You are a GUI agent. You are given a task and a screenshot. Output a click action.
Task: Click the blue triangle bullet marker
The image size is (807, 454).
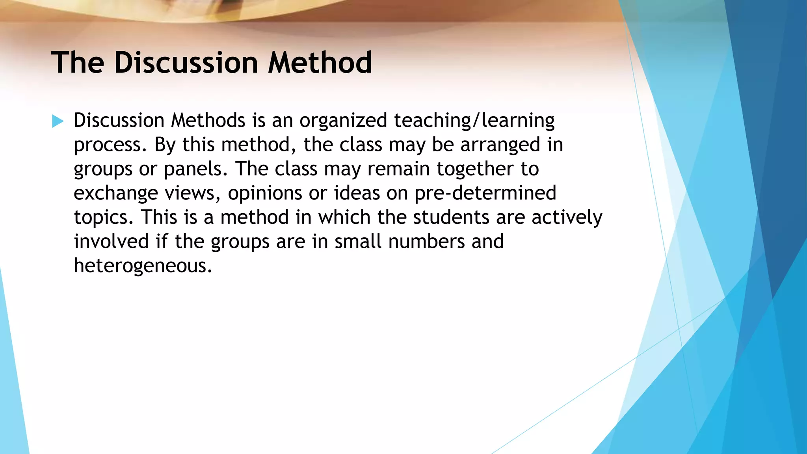click(58, 121)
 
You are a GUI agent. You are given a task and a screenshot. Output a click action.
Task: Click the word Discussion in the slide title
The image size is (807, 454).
click(186, 63)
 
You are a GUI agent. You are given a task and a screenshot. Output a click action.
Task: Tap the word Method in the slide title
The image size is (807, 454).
click(320, 63)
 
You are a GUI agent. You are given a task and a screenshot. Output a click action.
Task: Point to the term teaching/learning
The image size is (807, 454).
click(474, 121)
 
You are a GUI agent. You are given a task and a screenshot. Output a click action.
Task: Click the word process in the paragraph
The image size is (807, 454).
click(107, 145)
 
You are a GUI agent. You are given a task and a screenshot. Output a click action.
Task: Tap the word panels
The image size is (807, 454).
click(196, 169)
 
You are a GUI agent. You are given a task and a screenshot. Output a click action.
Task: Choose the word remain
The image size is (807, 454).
click(398, 169)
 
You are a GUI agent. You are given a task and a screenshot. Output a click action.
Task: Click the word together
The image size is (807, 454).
click(475, 169)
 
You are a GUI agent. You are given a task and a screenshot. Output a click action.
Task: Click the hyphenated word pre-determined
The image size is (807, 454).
click(485, 193)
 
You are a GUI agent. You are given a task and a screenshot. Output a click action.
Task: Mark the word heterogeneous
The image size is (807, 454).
click(143, 266)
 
